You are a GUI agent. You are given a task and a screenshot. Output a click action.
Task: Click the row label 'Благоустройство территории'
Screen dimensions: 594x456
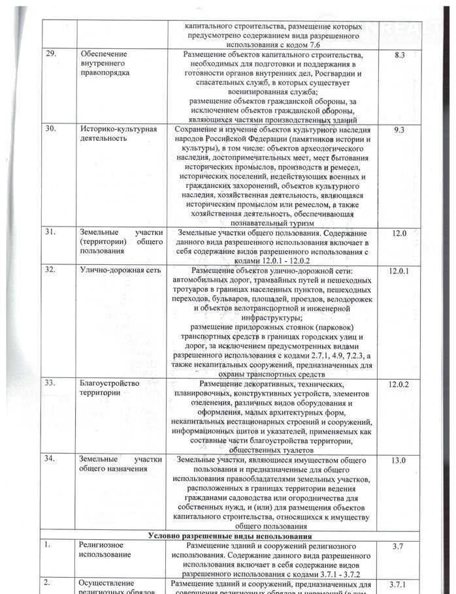coord(110,388)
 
